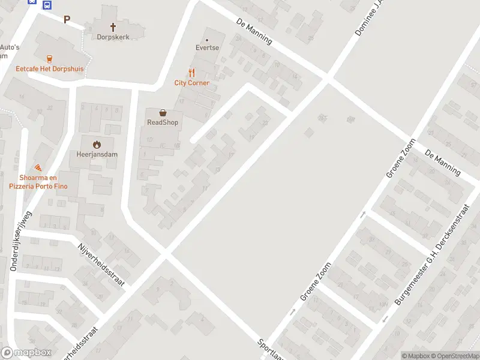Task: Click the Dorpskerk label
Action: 113,37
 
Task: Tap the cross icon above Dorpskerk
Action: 113,26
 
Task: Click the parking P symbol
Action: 67,19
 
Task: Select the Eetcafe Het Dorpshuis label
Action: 49,69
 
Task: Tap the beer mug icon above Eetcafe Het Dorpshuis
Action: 49,59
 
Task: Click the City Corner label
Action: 192,83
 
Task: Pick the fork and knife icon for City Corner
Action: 192,73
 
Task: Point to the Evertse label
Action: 207,47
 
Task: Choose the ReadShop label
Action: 163,122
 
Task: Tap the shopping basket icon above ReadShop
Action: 163,112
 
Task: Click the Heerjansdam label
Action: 96,154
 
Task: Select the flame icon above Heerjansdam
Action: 96,144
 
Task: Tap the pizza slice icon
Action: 38,167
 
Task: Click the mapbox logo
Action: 26,353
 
